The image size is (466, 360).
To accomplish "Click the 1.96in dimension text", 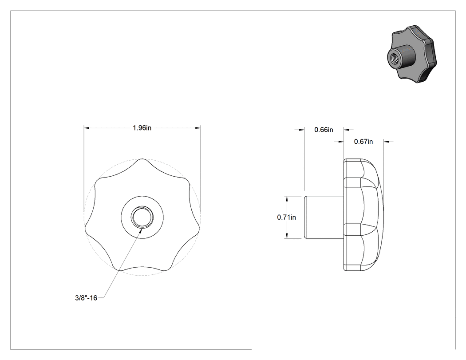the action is click(x=142, y=128).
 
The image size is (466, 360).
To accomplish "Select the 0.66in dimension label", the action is click(x=324, y=130).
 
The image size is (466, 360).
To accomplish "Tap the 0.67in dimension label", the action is click(x=363, y=142).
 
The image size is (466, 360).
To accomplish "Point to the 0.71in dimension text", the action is click(x=287, y=218).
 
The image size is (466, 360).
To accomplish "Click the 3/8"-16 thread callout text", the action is click(x=86, y=298).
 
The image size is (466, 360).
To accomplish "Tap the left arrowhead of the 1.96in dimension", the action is click(x=87, y=128).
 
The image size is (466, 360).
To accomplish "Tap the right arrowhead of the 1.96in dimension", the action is click(x=197, y=128).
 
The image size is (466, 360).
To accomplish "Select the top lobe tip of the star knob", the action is click(x=142, y=159).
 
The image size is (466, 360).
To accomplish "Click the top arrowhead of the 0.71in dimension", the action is click(x=287, y=199).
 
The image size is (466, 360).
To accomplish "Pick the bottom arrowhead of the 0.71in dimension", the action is click(x=287, y=235).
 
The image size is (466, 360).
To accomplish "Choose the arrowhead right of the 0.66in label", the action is click(x=347, y=130).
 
